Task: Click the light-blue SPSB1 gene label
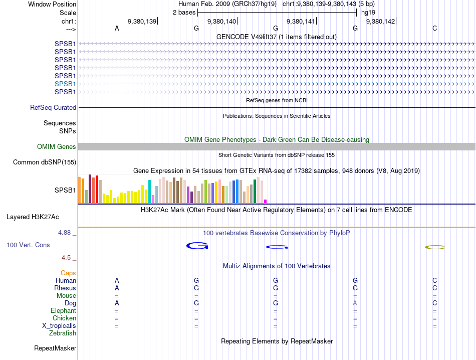[x=65, y=84]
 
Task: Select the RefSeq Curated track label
[x=53, y=107]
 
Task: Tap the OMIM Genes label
[x=57, y=147]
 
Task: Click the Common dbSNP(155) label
[x=45, y=162]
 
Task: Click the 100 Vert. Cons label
[x=29, y=245]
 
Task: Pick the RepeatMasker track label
[x=55, y=348]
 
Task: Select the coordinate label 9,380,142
[x=380, y=21]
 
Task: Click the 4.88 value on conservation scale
[x=65, y=233]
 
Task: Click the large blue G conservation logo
[x=197, y=246]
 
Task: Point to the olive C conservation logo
[x=434, y=247]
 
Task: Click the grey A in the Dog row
[x=355, y=303]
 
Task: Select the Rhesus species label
[x=65, y=288]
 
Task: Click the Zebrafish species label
[x=63, y=333]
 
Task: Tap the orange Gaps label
[x=68, y=273]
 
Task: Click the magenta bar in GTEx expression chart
[x=265, y=201]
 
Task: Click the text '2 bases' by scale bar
[x=184, y=12]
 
